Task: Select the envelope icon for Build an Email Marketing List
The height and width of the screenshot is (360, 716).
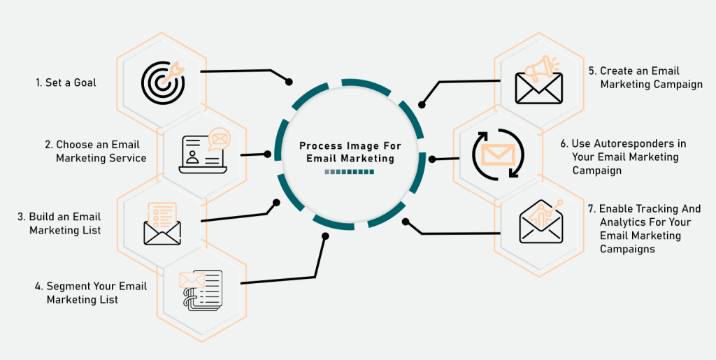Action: [162, 224]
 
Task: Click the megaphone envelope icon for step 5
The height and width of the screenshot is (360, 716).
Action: [538, 80]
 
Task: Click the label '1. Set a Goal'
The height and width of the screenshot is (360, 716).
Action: [66, 82]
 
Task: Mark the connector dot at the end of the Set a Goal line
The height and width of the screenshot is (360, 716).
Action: [289, 82]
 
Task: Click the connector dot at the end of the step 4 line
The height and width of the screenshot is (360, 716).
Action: [325, 236]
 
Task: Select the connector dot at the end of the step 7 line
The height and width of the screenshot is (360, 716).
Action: [406, 222]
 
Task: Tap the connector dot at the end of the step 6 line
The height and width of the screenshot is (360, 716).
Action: [431, 159]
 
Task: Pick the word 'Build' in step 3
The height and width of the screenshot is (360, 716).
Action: [43, 217]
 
